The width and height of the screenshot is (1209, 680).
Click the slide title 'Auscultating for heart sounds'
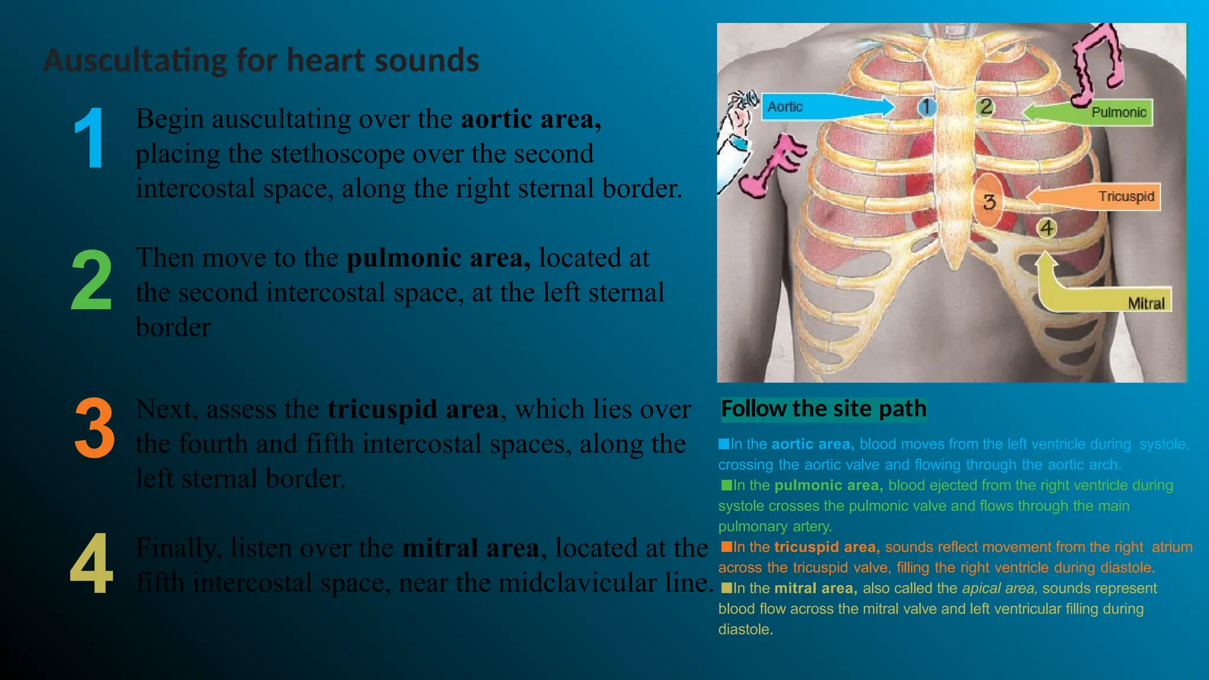[261, 60]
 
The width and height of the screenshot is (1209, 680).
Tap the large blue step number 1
[90, 139]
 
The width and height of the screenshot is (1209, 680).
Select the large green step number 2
[92, 279]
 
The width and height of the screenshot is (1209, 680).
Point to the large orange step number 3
[94, 429]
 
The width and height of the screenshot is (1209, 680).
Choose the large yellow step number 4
[92, 564]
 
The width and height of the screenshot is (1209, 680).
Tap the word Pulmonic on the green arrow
[1119, 112]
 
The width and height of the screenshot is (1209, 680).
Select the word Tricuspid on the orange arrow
[1126, 197]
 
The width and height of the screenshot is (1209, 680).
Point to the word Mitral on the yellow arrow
[1146, 303]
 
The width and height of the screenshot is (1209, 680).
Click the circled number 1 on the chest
[927, 107]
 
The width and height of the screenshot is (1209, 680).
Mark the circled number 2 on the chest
[986, 107]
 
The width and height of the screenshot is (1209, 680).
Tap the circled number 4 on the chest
[1047, 228]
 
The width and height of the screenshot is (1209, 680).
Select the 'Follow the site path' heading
[824, 408]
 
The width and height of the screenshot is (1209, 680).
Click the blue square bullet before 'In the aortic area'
[724, 444]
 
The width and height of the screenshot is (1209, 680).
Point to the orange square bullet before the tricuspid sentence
[726, 547]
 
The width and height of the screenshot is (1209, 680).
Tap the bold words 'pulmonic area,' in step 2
[438, 258]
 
